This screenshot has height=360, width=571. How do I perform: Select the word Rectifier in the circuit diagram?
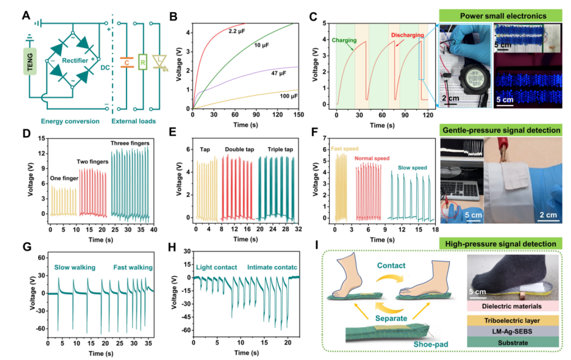pyautogui.click(x=80, y=59)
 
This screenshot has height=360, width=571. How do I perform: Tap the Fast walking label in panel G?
pyautogui.click(x=134, y=268)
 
